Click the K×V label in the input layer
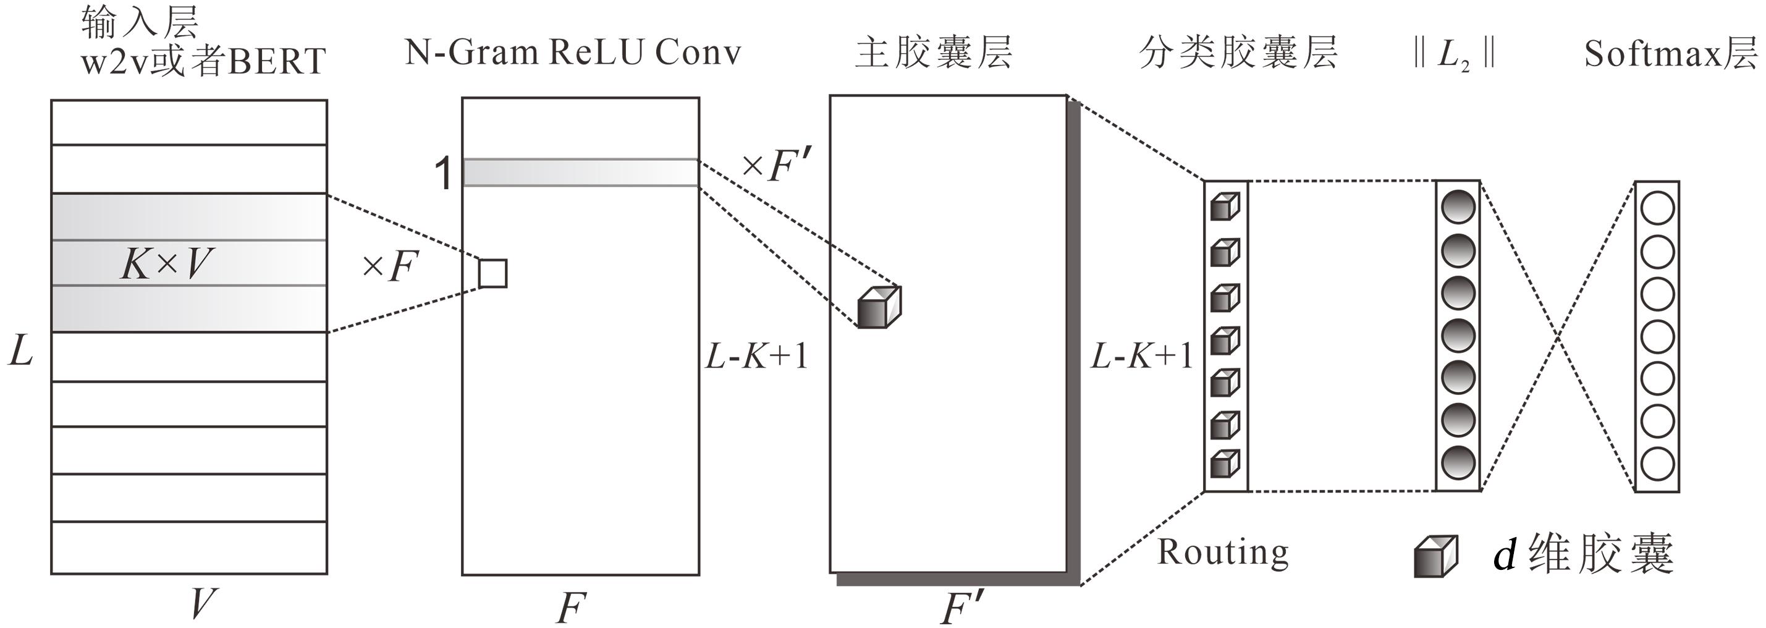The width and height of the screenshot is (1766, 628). (167, 264)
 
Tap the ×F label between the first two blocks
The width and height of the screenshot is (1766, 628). (390, 266)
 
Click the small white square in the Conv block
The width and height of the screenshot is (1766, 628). (492, 274)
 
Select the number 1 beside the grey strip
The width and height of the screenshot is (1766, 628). (444, 174)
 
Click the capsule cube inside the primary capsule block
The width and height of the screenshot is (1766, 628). (879, 307)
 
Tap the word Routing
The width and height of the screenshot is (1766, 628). (1223, 553)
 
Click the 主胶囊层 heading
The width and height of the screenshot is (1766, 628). (934, 53)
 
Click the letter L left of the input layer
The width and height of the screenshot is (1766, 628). (20, 352)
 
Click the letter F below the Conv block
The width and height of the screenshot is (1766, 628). (571, 608)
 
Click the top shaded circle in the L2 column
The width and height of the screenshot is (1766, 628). (1458, 208)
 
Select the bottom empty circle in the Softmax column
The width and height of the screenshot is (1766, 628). (1657, 464)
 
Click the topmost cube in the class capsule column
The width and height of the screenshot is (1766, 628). (1225, 206)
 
